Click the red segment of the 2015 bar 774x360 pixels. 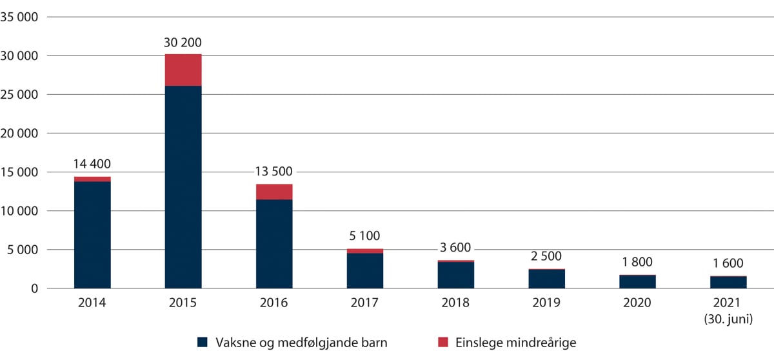tap(183, 70)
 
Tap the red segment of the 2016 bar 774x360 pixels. tap(274, 192)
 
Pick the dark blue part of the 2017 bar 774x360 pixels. tap(365, 271)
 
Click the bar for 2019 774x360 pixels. tap(547, 279)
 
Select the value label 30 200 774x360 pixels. tap(183, 44)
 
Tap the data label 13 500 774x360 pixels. tap(274, 172)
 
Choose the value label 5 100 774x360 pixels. tap(365, 239)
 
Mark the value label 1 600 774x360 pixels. tap(729, 263)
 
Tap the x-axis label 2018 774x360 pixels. tap(456, 303)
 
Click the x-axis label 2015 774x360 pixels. tap(183, 303)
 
